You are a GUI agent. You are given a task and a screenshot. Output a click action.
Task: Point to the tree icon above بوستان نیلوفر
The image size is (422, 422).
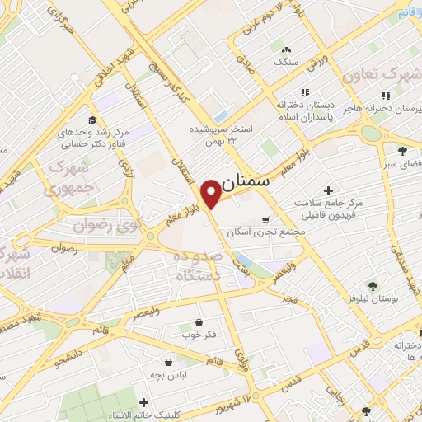(373, 286)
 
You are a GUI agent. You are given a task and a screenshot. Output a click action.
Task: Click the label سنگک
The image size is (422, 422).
(285, 61)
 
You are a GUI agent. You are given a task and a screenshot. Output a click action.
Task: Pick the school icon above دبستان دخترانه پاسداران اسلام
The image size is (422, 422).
(305, 92)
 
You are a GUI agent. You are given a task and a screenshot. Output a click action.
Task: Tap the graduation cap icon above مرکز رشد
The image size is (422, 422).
(91, 120)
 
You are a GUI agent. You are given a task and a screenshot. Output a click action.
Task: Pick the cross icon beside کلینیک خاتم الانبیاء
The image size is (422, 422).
(144, 403)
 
